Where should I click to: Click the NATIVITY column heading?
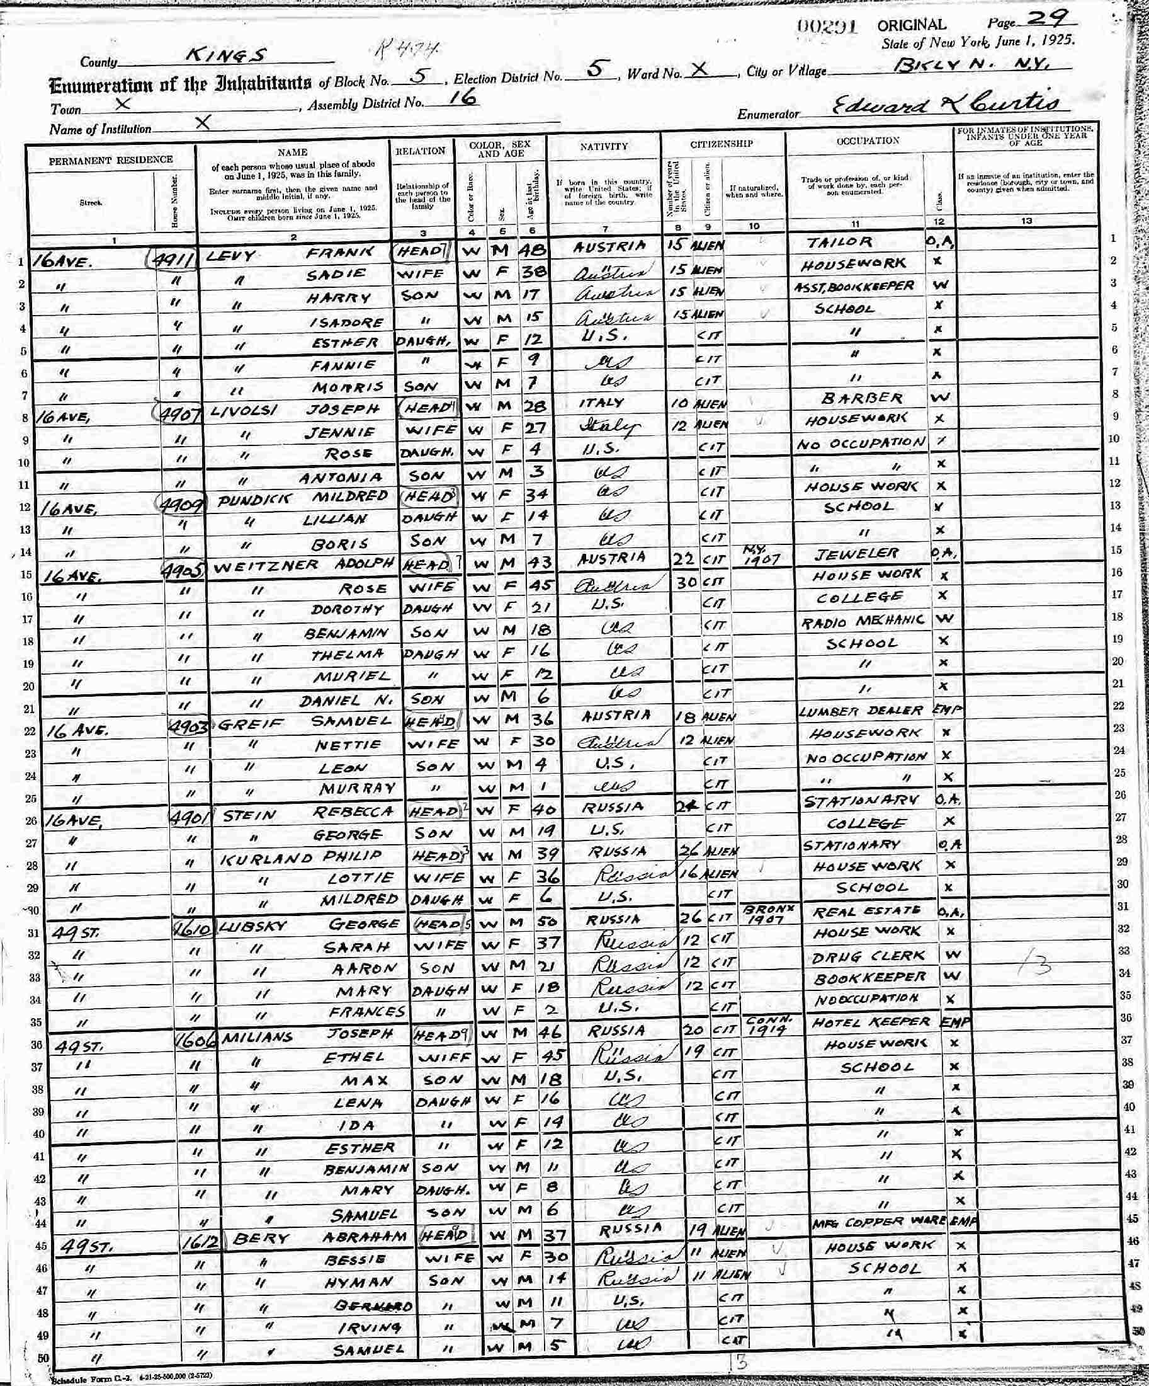click(x=604, y=146)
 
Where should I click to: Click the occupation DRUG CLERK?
click(x=869, y=956)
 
